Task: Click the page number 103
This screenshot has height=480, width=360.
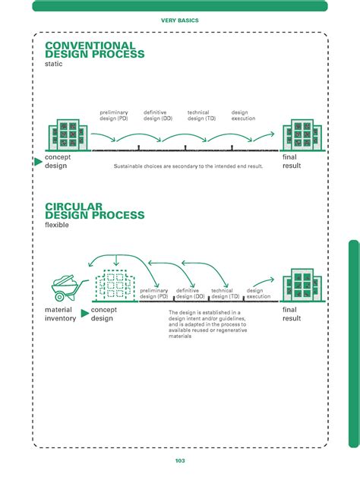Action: click(180, 460)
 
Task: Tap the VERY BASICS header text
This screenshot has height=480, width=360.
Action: click(180, 21)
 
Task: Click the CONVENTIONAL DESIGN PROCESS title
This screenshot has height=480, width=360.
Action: click(90, 51)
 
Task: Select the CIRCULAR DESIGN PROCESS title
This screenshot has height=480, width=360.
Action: click(94, 211)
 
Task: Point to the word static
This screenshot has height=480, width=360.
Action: click(54, 65)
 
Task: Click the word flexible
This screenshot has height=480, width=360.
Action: click(57, 226)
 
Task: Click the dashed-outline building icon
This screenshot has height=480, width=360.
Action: click(113, 286)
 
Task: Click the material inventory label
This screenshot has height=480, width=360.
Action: click(59, 314)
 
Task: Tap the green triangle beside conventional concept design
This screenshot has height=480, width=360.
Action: click(39, 161)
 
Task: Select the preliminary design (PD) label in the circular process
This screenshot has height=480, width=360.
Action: click(154, 293)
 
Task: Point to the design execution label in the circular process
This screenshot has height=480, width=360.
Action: click(258, 293)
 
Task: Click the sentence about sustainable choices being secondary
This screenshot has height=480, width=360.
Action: click(188, 166)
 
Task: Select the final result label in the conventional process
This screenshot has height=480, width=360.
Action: click(292, 161)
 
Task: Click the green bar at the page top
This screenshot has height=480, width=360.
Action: click(180, 6)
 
